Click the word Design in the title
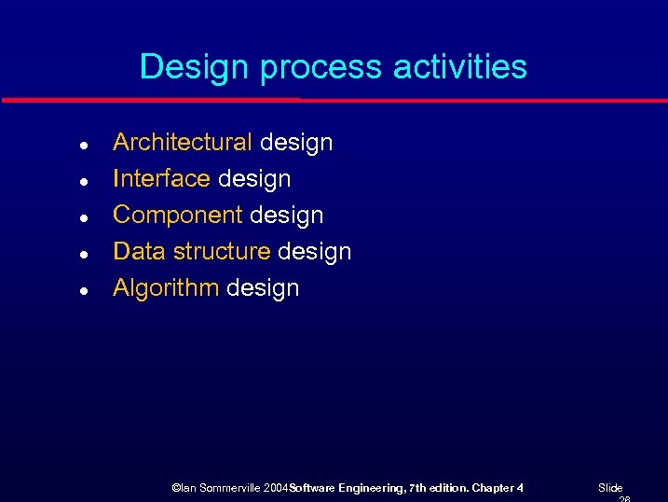pyautogui.click(x=196, y=67)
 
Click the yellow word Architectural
pyautogui.click(x=182, y=142)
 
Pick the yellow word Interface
pyautogui.click(x=161, y=178)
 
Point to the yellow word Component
pyautogui.click(x=178, y=215)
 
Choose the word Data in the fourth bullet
pyautogui.click(x=138, y=251)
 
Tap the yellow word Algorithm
pyautogui.click(x=165, y=287)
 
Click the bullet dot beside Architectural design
pyautogui.click(x=84, y=146)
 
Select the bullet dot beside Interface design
pyautogui.click(x=84, y=182)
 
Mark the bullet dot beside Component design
pyautogui.click(x=84, y=218)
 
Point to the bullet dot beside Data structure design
pyautogui.click(x=84, y=255)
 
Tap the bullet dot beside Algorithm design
pyautogui.click(x=84, y=291)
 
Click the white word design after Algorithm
pyautogui.click(x=263, y=287)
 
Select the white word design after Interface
pyautogui.click(x=254, y=178)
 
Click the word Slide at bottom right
pyautogui.click(x=610, y=488)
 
